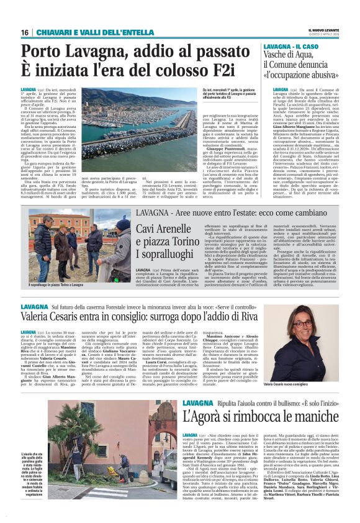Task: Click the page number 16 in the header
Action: tap(24, 32)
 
